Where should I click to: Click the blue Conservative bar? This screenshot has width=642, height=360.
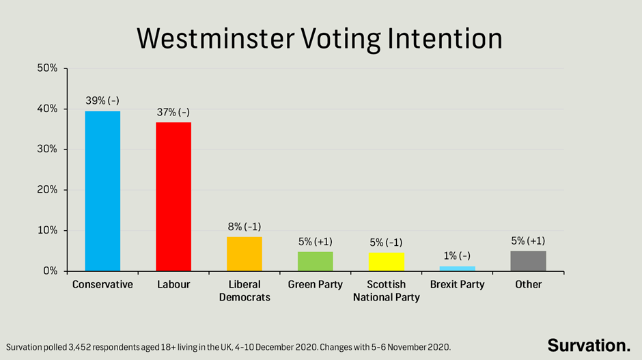102,191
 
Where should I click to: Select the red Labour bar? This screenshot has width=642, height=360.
173,197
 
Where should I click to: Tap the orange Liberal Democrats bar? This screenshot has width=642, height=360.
245,254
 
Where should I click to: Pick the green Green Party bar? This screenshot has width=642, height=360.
316,262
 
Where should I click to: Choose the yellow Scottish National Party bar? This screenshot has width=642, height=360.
387,262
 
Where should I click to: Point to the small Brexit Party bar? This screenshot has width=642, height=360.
458,268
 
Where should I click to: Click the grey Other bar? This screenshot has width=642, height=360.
528,261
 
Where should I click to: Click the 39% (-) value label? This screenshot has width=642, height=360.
102,100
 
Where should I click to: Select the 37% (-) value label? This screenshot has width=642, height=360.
173,112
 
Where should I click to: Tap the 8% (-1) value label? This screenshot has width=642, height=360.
245,226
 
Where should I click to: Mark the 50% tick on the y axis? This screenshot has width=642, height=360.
47,68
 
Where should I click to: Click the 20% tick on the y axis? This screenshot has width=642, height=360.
47,190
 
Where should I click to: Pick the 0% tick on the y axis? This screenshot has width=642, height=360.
50,271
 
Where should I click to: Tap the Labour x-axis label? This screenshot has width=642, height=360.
173,284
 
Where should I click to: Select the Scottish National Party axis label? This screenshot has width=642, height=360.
387,290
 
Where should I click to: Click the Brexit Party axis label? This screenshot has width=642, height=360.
458,284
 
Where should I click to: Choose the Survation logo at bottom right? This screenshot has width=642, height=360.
589,344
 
